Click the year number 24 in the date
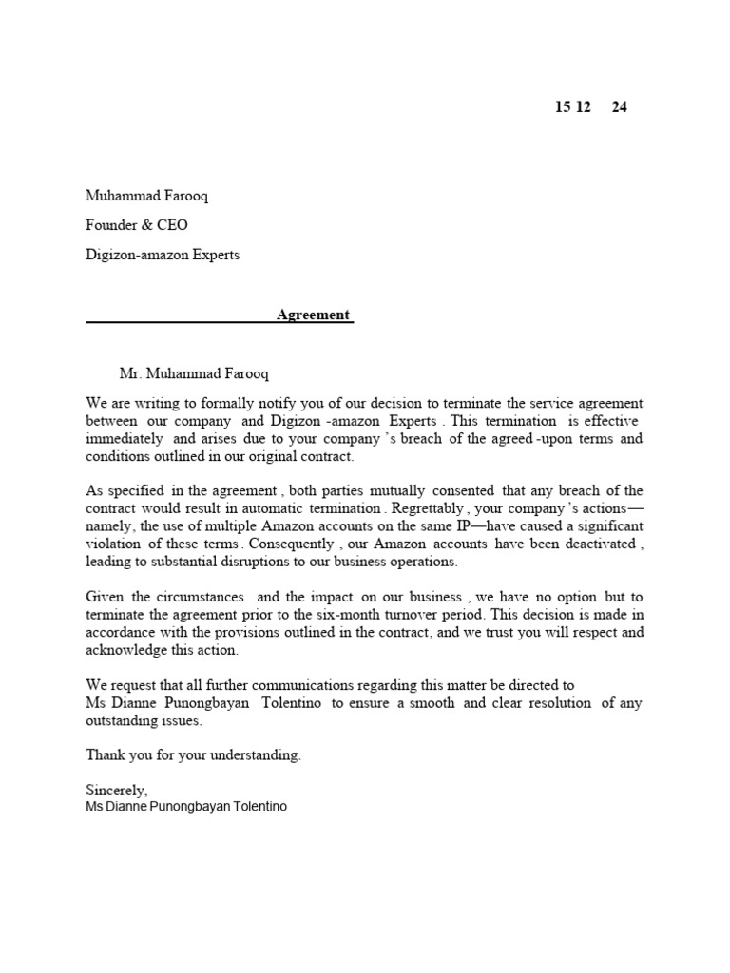click(x=619, y=107)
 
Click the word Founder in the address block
click(x=112, y=225)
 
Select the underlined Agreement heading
click(x=314, y=315)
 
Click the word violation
click(x=114, y=544)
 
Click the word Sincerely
click(x=117, y=790)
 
